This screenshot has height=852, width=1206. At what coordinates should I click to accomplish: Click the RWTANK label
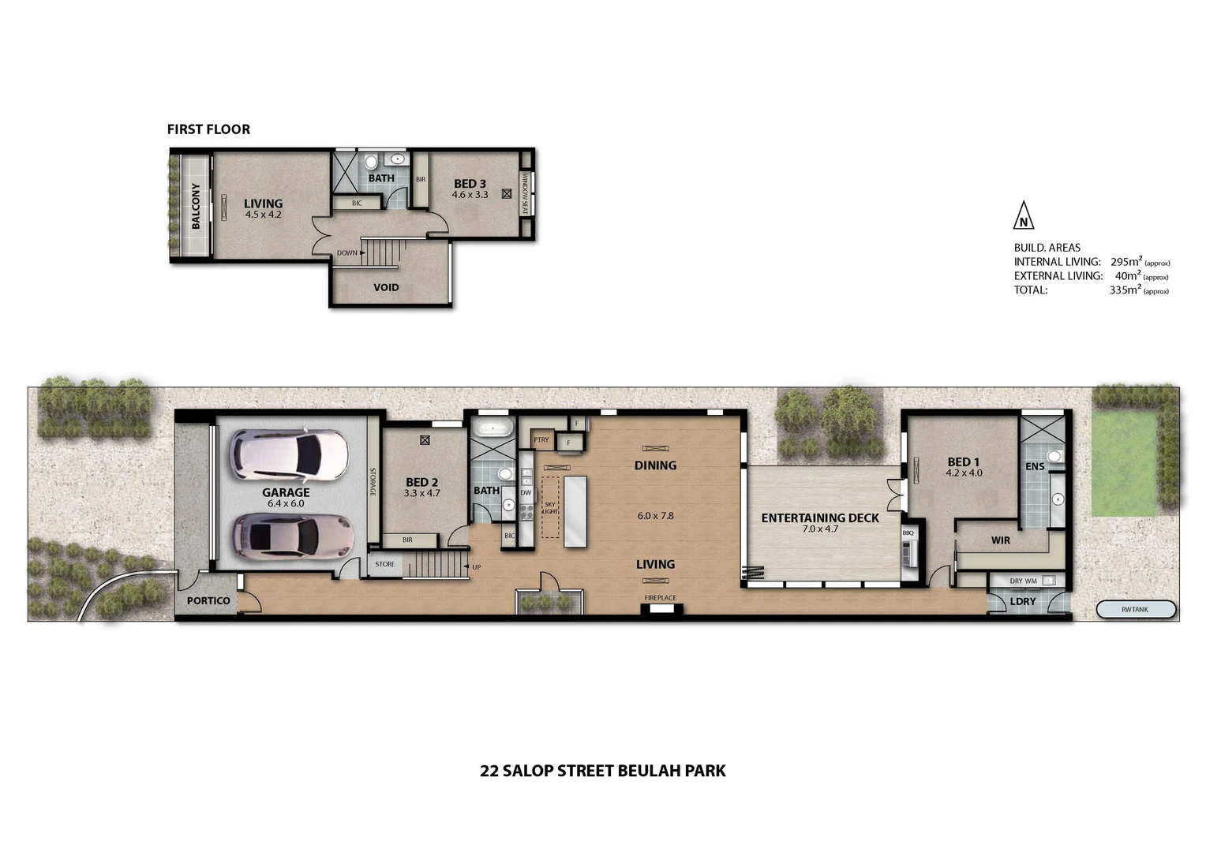[1136, 609]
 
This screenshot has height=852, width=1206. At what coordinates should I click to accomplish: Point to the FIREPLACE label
[660, 598]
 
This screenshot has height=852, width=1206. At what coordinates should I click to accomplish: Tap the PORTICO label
[208, 600]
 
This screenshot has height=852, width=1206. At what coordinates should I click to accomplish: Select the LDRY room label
[1023, 601]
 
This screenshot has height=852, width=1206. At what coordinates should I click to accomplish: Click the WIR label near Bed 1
[1000, 540]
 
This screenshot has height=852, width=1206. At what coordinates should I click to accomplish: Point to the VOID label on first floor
[386, 287]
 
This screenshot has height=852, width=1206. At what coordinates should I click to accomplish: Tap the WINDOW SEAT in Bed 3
[525, 193]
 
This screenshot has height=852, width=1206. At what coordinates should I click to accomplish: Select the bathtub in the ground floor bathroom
[493, 431]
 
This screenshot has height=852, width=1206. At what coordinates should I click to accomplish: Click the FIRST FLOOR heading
[208, 129]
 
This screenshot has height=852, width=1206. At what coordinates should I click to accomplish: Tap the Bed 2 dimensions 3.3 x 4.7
[421, 493]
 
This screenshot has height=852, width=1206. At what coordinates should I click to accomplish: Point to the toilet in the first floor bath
[371, 163]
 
